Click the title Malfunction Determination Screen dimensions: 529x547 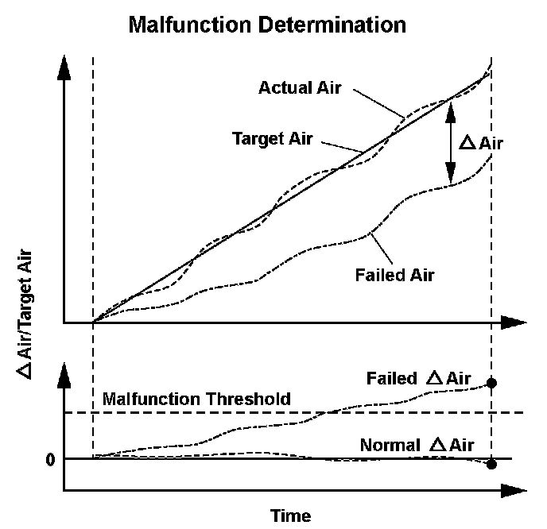point(267,25)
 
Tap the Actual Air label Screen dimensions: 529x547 point(300,87)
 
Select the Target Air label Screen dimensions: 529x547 point(273,138)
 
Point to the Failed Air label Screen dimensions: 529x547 point(396,275)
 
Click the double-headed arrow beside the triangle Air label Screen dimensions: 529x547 point(450,144)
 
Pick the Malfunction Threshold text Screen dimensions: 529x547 point(196,399)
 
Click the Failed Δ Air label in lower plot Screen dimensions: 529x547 point(418,378)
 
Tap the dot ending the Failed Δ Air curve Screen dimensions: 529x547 point(491,383)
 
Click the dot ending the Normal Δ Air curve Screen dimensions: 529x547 point(491,465)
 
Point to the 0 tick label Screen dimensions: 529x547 point(49,460)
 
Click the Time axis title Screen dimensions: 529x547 point(290,515)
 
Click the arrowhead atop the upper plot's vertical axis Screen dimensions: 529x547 point(64,68)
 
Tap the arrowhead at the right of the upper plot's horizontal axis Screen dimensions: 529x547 point(514,323)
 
